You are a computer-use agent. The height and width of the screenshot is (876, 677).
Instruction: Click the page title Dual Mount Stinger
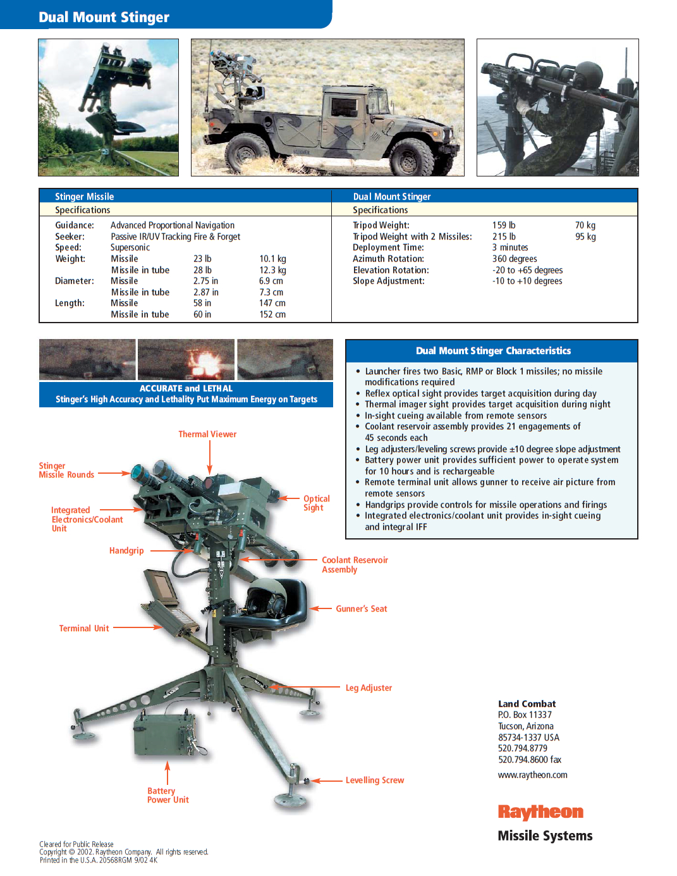click(x=104, y=17)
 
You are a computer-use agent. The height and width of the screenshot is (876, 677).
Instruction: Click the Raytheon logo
click(x=540, y=811)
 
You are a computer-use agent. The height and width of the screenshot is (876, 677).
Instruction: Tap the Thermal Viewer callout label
click(x=207, y=435)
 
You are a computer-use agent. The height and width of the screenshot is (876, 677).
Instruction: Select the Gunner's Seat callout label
click(x=361, y=609)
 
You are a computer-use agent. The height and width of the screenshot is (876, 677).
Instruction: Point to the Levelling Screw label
click(x=374, y=780)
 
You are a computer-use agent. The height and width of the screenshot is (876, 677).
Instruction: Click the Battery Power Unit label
click(x=168, y=796)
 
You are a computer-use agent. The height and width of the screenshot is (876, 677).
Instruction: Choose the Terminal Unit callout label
click(x=84, y=629)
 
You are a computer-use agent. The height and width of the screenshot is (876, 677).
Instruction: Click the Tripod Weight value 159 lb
click(x=504, y=225)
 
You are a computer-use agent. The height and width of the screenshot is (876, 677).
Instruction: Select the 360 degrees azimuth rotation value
click(x=515, y=259)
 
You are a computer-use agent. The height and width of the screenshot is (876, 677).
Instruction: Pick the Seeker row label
click(x=70, y=237)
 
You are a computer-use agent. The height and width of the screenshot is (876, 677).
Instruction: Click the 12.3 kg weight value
click(x=272, y=270)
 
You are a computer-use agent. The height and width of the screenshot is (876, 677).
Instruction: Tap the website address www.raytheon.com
click(x=532, y=775)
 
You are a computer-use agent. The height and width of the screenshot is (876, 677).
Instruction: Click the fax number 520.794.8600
click(x=529, y=760)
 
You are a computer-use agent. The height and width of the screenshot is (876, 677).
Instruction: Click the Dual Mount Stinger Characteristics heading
click(x=493, y=351)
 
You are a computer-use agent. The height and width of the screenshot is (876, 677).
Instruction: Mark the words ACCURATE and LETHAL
click(x=186, y=388)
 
